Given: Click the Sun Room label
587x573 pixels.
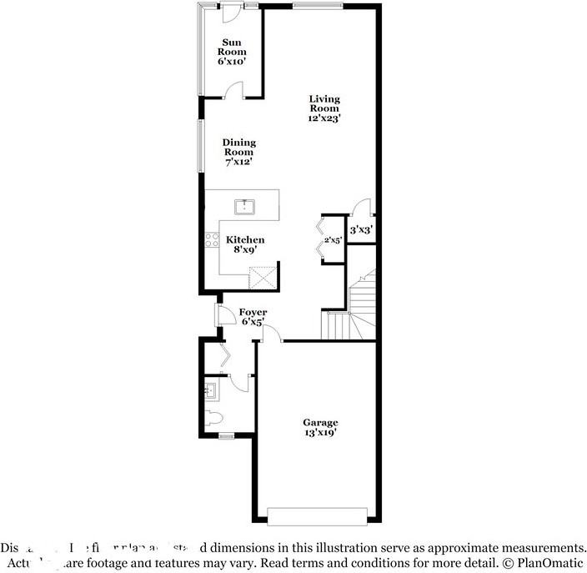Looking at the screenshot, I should (233, 50).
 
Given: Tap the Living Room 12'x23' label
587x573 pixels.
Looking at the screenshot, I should (324, 108).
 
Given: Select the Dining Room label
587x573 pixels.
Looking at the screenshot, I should (238, 152).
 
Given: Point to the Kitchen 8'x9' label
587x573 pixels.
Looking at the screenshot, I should (245, 244).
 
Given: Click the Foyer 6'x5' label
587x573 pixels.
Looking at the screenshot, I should (253, 316).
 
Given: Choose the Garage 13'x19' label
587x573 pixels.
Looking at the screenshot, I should (320, 428).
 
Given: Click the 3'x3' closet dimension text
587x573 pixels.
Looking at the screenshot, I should (360, 229).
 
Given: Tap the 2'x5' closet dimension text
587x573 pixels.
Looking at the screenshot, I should (333, 240).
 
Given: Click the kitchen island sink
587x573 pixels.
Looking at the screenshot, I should (245, 204).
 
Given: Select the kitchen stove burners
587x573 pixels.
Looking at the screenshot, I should (212, 241).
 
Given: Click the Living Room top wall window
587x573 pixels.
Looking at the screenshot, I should (317, 7).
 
